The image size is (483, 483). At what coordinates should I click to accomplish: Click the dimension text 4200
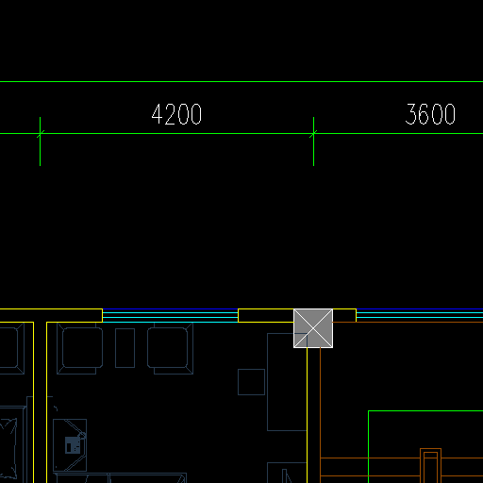(x=176, y=114)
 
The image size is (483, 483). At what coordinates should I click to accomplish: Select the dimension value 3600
(x=430, y=114)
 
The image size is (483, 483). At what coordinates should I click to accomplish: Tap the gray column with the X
(x=313, y=328)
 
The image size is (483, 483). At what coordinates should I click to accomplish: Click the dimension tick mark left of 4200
(x=40, y=142)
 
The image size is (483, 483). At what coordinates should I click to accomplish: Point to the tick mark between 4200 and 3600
(x=313, y=142)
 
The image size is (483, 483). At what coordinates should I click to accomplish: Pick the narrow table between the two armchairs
(x=125, y=348)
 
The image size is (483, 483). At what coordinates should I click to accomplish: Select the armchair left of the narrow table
(x=80, y=348)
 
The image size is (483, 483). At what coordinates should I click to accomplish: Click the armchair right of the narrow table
(x=171, y=348)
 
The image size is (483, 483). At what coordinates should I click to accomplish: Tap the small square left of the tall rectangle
(x=251, y=382)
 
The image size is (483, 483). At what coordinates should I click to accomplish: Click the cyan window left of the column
(x=170, y=316)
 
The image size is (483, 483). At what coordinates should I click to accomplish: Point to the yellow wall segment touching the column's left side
(x=266, y=315)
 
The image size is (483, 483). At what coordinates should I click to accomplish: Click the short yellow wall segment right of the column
(x=344, y=315)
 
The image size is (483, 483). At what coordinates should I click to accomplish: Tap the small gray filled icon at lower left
(x=73, y=445)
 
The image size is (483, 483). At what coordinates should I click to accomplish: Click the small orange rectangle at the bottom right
(x=430, y=466)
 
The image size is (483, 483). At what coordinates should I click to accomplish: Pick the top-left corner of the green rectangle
(x=368, y=410)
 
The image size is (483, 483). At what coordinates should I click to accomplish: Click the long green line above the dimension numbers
(x=241, y=81)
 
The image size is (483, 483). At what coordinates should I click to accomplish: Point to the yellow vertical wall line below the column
(x=307, y=415)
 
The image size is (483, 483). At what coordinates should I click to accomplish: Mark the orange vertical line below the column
(x=320, y=415)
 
